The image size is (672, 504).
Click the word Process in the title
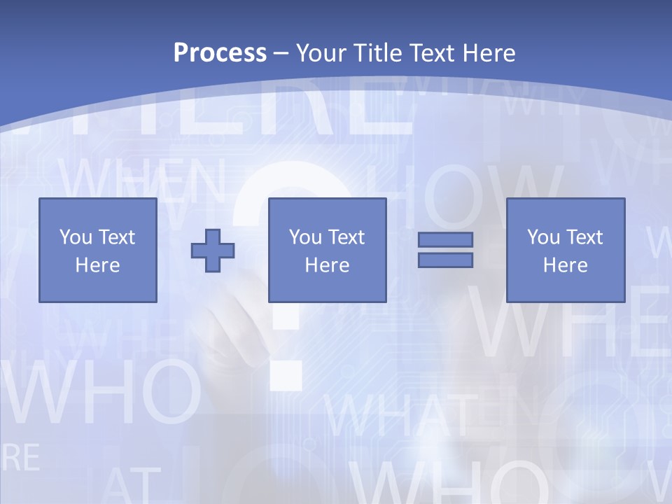220,53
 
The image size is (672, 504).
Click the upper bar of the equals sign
445,240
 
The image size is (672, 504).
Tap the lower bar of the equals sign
445,260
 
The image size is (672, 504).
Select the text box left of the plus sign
98,250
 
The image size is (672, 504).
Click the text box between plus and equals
328,250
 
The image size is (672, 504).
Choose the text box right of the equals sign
566,250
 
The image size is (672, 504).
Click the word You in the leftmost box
76,237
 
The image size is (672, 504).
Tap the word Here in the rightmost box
566,265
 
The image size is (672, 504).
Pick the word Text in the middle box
346,237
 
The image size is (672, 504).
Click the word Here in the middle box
328,265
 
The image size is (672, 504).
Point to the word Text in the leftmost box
117,237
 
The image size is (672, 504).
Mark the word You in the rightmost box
543,237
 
